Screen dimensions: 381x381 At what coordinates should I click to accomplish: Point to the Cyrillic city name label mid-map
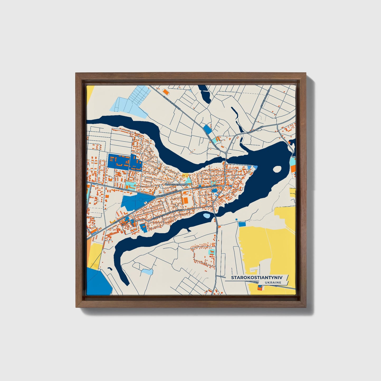(176, 185)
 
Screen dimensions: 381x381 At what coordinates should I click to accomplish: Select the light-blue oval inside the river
(206, 216)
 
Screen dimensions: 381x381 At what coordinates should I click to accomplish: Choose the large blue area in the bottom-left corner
(98, 282)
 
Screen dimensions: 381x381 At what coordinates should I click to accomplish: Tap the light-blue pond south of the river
(147, 271)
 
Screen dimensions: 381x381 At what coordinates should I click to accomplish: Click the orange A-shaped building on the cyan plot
(218, 138)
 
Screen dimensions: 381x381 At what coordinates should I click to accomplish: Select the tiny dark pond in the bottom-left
(110, 269)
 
